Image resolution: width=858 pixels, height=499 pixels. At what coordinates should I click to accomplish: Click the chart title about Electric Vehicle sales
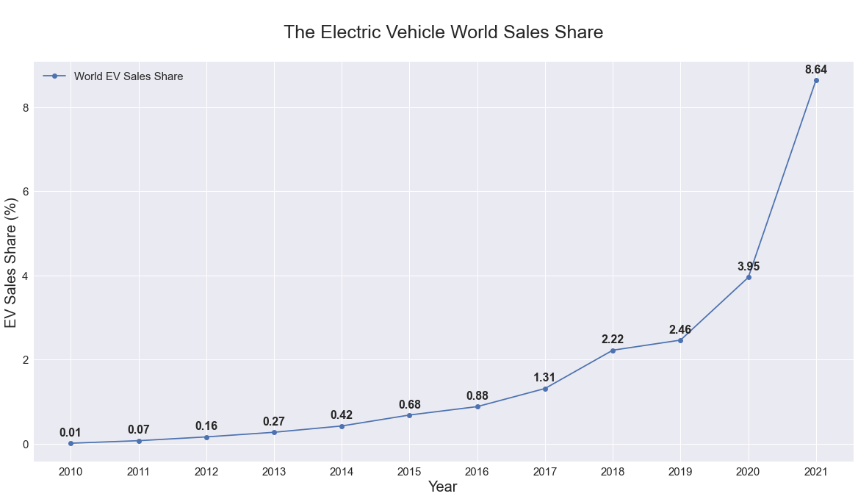[x=443, y=32]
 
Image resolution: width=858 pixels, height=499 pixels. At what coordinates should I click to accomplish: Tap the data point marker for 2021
[x=816, y=80]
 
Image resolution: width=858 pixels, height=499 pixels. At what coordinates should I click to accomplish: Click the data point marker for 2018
[x=613, y=351]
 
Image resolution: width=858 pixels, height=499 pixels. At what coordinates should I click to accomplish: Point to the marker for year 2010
[x=71, y=443]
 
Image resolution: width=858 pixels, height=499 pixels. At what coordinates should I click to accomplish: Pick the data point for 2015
[x=409, y=415]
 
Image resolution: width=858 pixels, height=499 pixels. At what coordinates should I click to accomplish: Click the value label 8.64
[x=816, y=70]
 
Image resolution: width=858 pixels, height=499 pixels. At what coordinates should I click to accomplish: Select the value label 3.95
[x=749, y=267]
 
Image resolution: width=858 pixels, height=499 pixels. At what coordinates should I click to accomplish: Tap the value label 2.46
[x=680, y=330]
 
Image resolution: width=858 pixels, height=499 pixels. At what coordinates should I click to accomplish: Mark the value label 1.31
[x=545, y=378]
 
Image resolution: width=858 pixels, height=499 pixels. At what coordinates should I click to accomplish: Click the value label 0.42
[x=342, y=415]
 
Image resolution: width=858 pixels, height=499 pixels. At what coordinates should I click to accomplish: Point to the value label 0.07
[x=139, y=430]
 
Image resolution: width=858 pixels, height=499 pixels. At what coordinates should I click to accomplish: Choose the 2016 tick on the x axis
[x=477, y=471]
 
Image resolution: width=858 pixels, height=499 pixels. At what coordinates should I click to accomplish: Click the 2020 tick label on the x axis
[x=749, y=471]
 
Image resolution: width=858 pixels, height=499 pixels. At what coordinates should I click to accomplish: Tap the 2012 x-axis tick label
[x=206, y=471]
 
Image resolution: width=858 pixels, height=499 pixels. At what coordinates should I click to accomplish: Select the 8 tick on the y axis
[x=25, y=108]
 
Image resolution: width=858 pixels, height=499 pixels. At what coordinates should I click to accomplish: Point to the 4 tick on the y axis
[x=25, y=276]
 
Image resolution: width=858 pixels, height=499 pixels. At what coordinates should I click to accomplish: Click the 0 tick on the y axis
[x=25, y=445]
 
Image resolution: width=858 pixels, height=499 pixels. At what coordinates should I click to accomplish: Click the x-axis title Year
[x=443, y=487]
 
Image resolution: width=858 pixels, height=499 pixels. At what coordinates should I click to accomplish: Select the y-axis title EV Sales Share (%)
[x=11, y=262]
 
